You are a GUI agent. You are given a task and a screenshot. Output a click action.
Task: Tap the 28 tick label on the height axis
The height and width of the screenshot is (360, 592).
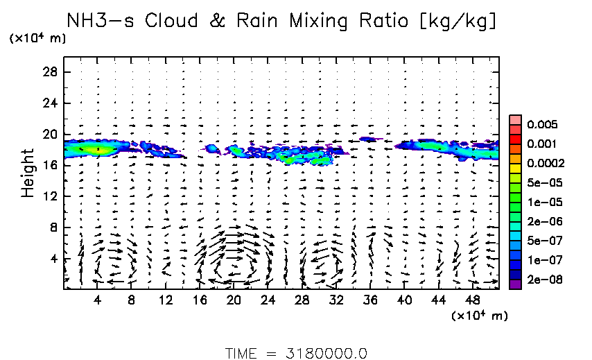[50, 72]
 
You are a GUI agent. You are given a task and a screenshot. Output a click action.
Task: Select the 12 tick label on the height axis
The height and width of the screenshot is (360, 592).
[50, 196]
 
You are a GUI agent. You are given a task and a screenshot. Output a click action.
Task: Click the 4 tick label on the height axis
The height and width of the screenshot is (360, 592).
[53, 259]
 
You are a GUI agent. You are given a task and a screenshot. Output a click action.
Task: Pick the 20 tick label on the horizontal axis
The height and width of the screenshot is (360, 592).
[233, 300]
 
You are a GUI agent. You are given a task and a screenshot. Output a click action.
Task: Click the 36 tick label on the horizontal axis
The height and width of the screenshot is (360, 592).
[369, 300]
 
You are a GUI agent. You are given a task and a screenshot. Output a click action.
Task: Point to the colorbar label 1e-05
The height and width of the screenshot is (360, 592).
[540, 203]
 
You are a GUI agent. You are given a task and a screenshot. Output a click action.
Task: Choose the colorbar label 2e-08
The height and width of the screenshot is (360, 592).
[540, 280]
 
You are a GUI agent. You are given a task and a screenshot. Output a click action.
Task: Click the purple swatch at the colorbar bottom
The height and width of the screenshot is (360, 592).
[515, 284]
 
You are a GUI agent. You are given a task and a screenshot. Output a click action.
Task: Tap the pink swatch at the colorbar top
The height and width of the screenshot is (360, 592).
[515, 120]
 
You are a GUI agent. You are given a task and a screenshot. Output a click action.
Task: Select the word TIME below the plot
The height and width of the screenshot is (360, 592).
[241, 353]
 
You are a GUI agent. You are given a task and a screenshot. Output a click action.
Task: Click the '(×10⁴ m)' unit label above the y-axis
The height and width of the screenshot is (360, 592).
[37, 38]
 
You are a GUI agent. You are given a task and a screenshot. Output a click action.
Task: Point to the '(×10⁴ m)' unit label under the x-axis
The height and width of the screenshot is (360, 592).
[479, 316]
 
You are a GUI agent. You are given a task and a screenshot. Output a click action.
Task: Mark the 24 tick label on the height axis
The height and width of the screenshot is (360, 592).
[50, 103]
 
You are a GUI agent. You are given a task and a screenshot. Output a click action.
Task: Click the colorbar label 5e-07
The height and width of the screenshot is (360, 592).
[540, 241]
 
